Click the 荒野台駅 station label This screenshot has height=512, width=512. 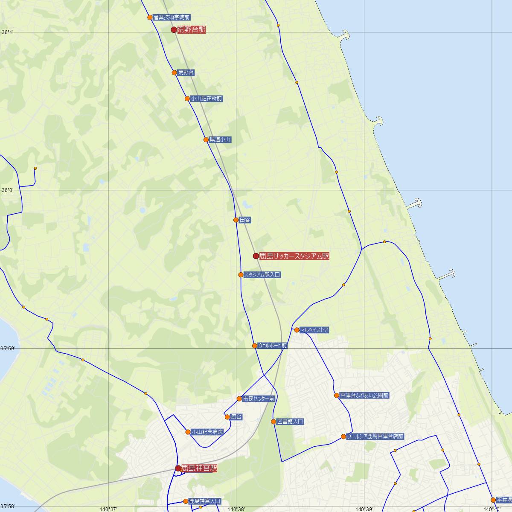coord(192,29)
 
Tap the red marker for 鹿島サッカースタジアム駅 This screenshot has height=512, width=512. coord(256,256)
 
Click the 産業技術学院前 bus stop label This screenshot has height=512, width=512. coord(172,17)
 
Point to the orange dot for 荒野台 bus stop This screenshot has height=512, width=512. coord(174,73)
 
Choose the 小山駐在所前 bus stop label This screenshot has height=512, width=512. coord(207,99)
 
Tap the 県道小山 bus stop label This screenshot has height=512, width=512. coord(220,140)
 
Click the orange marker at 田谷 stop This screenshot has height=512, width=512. coord(236,220)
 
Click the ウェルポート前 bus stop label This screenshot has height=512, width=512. coord(272,346)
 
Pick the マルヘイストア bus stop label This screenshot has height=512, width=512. coord(314,330)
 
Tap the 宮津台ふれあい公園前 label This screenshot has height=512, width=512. coord(364,396)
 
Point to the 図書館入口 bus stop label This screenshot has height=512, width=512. coord(290,422)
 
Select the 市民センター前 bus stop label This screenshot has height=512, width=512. coord(259,399)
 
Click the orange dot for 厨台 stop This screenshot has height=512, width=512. coord(227,417)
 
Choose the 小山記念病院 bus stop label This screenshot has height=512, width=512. coord(207,432)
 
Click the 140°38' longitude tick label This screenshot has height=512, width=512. coord(236,509)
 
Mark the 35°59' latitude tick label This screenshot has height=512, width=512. coord(7,349)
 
